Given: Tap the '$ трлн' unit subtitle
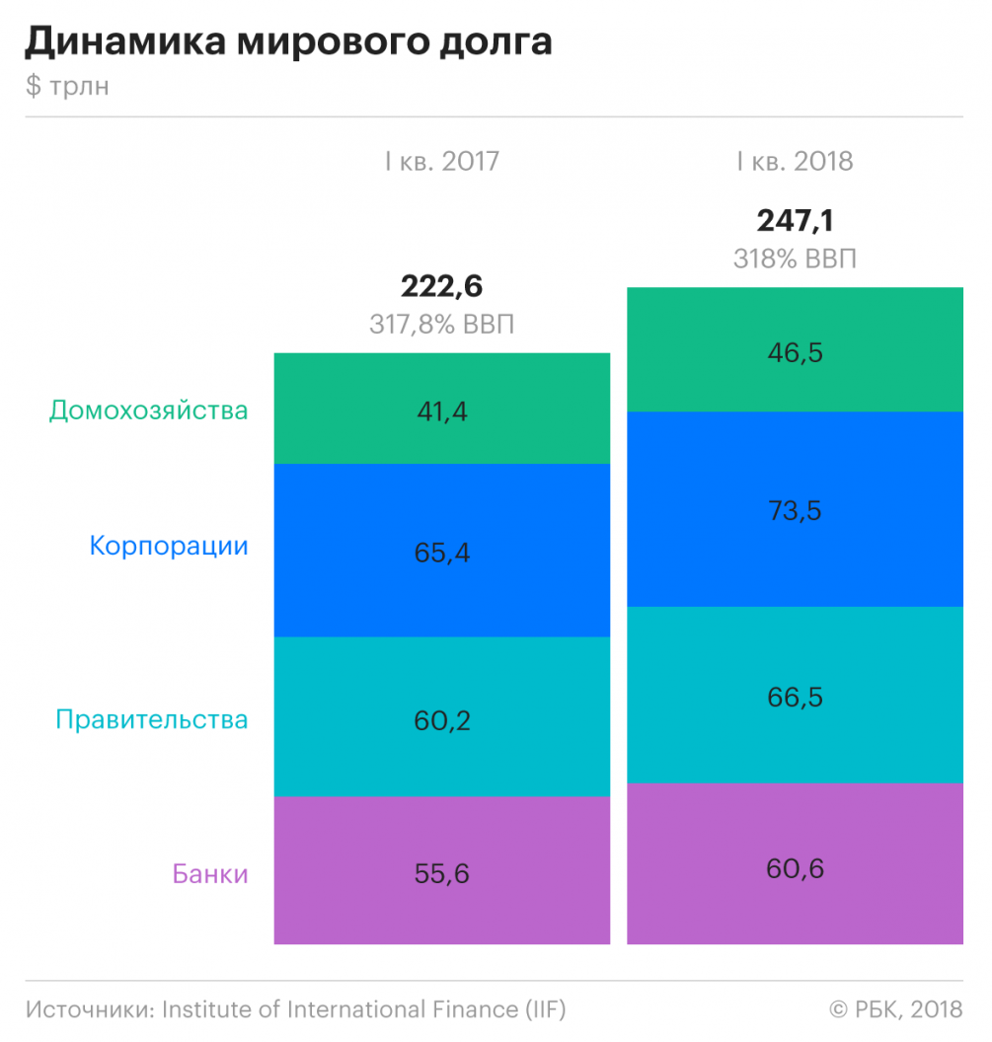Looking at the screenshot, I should [x=67, y=87].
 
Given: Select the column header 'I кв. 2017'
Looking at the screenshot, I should [x=442, y=161].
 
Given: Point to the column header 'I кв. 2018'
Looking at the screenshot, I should [x=795, y=161].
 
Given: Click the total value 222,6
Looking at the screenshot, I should [x=441, y=286].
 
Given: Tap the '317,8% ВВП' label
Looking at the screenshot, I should [x=441, y=324].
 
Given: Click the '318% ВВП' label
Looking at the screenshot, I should [x=795, y=259].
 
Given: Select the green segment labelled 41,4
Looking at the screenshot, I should [x=441, y=409].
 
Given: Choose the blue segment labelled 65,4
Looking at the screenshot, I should [x=441, y=551].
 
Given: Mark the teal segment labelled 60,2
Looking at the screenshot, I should [x=441, y=717].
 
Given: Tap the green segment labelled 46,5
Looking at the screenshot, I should [x=795, y=350].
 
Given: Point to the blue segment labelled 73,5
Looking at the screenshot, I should [x=795, y=510].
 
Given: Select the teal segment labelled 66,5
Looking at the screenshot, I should [x=795, y=696].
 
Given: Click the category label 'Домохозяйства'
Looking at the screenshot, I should [x=148, y=410].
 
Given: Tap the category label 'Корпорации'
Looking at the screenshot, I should [x=169, y=546].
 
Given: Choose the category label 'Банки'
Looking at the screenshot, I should [x=210, y=874].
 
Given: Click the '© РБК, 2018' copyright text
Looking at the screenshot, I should [x=895, y=1009].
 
